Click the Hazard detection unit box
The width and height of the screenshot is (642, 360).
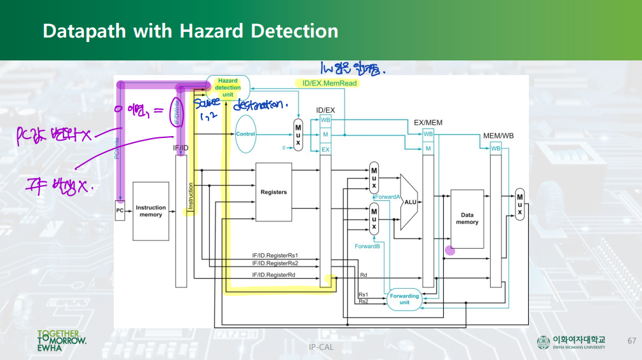(x=228, y=87)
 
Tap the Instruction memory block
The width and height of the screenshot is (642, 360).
(x=151, y=211)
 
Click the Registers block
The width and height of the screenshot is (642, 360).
(x=273, y=192)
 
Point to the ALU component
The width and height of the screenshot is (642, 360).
(x=409, y=202)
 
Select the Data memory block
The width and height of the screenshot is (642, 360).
(x=467, y=219)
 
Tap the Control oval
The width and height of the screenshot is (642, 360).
(x=245, y=134)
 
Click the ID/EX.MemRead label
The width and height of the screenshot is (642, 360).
(x=326, y=83)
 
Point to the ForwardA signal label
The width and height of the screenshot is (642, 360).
(x=386, y=197)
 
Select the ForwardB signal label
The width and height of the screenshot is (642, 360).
(x=367, y=246)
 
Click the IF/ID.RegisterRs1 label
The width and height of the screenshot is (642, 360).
(x=275, y=256)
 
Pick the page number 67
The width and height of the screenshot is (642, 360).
(x=631, y=340)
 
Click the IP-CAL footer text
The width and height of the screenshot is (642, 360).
(x=321, y=347)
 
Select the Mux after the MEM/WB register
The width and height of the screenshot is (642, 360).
(x=519, y=204)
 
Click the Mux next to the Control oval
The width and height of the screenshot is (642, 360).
(x=297, y=135)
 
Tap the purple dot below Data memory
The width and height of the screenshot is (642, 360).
(x=450, y=250)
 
